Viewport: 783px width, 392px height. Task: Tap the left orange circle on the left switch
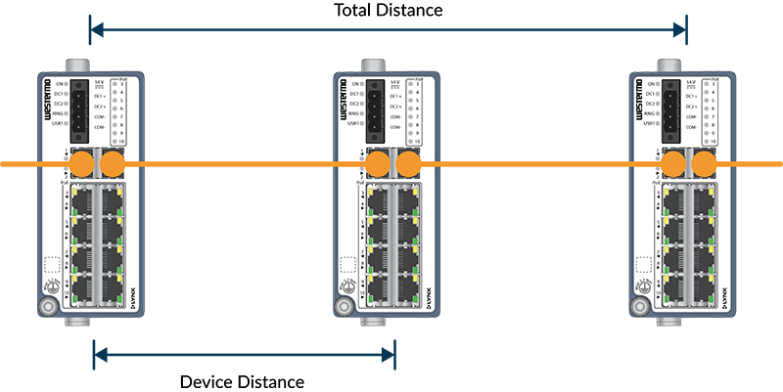point(81,159)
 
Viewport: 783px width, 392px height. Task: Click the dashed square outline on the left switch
point(51,264)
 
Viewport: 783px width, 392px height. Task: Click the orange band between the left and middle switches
point(235,159)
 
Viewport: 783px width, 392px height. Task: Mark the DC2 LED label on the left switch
point(58,104)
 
